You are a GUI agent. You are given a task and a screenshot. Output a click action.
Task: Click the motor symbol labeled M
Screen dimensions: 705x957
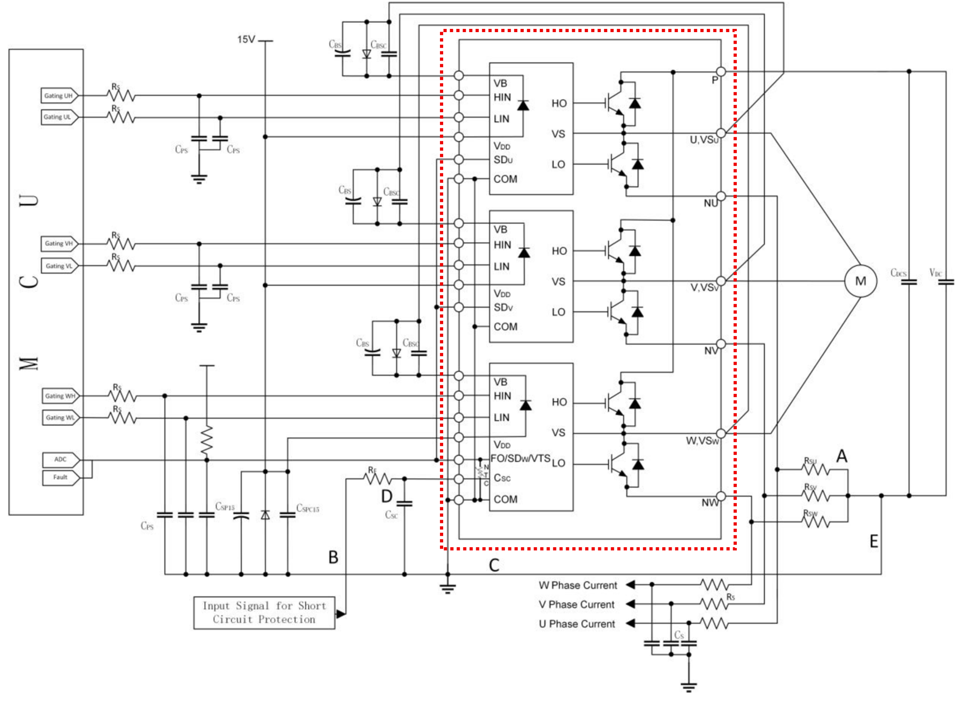click(860, 281)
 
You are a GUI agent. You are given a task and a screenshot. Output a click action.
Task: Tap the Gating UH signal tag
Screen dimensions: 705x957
click(59, 96)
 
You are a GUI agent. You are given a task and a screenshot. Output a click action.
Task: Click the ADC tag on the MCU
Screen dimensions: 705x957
click(61, 459)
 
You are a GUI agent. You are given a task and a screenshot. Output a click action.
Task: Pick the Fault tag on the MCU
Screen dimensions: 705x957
click(60, 477)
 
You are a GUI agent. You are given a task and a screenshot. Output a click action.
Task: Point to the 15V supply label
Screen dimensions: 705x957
click(246, 39)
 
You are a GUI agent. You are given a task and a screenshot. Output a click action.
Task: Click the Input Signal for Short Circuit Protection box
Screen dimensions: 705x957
click(264, 613)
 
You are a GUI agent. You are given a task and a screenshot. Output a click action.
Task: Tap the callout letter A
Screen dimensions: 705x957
click(841, 456)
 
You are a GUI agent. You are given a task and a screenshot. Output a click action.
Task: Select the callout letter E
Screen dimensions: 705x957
click(874, 542)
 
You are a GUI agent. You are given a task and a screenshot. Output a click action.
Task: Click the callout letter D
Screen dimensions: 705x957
click(387, 496)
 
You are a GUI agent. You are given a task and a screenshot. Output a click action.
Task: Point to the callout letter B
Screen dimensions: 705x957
click(333, 557)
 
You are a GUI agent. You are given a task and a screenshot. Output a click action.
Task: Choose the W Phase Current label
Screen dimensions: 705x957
click(578, 585)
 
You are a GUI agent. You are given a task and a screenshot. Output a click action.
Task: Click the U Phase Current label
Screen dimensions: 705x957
click(577, 624)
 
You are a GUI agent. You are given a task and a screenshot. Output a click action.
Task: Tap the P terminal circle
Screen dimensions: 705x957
click(721, 72)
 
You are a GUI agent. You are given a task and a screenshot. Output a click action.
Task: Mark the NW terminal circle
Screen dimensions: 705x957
click(721, 496)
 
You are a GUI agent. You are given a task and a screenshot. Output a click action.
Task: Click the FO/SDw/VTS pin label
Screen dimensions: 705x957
click(520, 458)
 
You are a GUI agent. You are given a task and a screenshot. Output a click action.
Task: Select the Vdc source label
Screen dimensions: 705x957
click(935, 273)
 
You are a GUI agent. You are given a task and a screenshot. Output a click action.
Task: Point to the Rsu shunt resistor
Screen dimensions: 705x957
click(815, 469)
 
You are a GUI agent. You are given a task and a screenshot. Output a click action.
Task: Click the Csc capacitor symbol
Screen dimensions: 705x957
click(404, 503)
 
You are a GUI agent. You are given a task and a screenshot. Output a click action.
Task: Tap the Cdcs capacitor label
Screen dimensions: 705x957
click(898, 273)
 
